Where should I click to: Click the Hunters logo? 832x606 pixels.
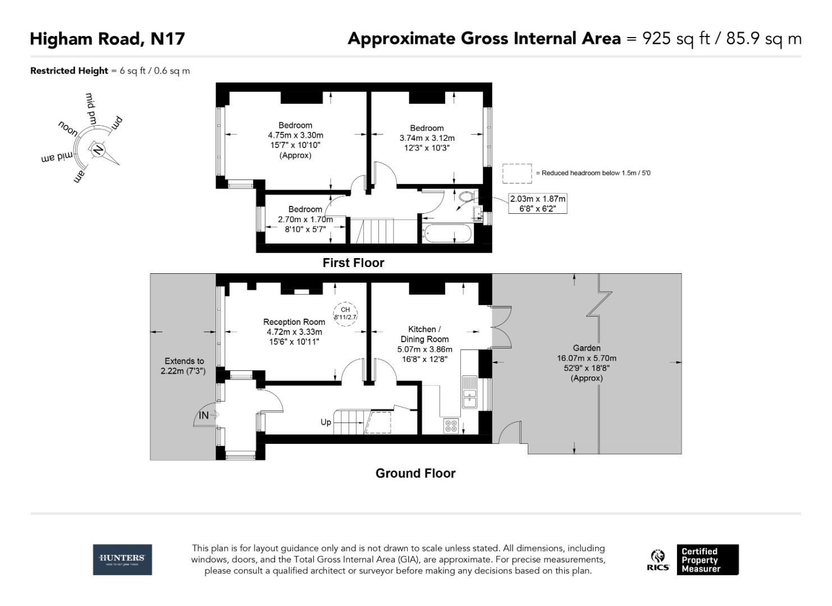[122, 559]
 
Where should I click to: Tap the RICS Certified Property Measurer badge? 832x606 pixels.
[693, 559]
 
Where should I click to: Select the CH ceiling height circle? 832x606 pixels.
[345, 313]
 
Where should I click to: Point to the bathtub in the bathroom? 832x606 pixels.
[447, 233]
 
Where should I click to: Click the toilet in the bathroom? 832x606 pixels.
[465, 197]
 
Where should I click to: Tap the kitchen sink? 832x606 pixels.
[469, 392]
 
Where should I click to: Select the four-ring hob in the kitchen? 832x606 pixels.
[451, 426]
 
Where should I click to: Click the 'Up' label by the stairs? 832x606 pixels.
[326, 422]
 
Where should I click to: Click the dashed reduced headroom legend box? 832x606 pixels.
[516, 173]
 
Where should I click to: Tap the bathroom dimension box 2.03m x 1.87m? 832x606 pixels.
[537, 204]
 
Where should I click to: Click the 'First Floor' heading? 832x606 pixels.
[353, 263]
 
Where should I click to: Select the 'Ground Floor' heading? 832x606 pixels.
[415, 473]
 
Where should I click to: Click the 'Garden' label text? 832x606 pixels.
[586, 348]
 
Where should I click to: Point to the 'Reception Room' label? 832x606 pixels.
[294, 322]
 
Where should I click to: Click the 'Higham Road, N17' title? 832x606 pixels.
[107, 39]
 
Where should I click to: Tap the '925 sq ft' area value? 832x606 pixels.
[676, 39]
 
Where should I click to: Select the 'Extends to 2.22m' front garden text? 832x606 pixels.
[184, 366]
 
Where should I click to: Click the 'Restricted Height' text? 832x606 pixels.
[69, 71]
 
